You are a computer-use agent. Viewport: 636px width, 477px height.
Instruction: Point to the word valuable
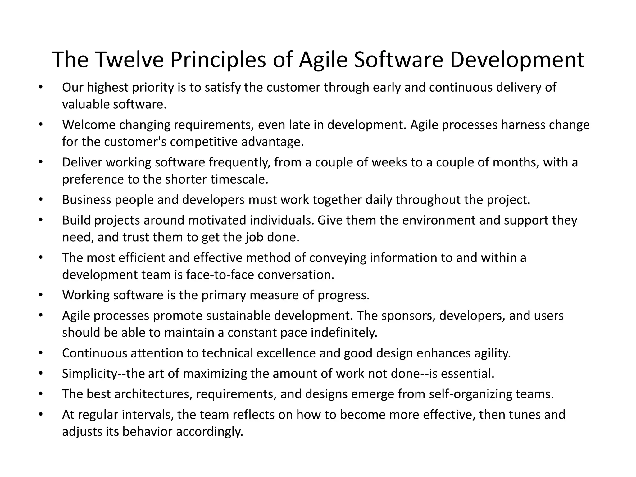86,104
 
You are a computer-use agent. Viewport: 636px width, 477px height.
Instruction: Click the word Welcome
89,125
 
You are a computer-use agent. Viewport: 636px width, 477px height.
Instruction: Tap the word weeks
389,162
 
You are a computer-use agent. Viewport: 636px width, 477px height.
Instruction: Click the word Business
87,200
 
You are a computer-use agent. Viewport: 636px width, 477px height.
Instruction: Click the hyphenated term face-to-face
220,275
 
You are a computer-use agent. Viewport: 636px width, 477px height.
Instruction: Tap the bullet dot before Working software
40,294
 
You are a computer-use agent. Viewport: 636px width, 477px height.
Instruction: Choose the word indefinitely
344,333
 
